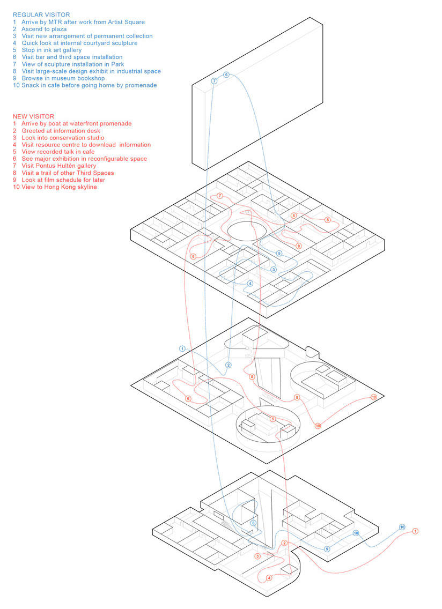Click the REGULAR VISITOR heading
click(x=41, y=15)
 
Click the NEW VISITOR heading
click(x=33, y=116)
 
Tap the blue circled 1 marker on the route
click(x=182, y=349)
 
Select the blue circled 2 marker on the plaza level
click(x=229, y=365)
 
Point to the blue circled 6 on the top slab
click(x=226, y=75)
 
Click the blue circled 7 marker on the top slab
click(x=214, y=81)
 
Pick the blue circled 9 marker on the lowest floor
click(x=327, y=549)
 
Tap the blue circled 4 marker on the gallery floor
click(x=251, y=284)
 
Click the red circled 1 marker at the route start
click(x=415, y=531)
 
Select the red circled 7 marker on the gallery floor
click(x=220, y=196)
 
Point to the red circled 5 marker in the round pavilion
click(x=273, y=419)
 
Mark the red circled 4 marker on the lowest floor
click(x=269, y=578)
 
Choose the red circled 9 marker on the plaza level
click(x=297, y=397)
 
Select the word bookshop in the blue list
click(x=91, y=78)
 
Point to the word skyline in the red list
click(x=86, y=187)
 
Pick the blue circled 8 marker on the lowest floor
click(x=254, y=523)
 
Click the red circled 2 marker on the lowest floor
click(x=284, y=544)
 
